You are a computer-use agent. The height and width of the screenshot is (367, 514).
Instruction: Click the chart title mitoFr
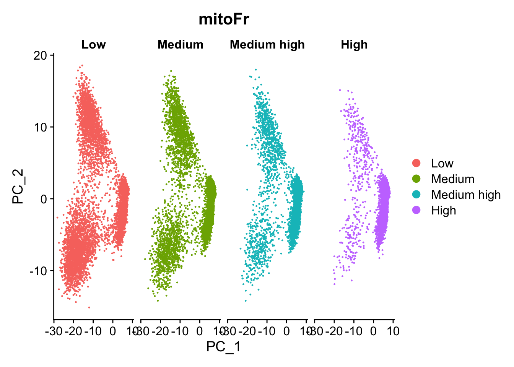pos(224,19)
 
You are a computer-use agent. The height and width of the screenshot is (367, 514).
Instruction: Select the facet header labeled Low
pos(93,45)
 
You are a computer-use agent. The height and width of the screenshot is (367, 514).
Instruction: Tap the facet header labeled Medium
pos(180,45)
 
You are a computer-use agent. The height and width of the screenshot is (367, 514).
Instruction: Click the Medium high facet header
pos(267,45)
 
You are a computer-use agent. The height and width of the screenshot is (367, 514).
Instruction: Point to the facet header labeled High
pos(354,45)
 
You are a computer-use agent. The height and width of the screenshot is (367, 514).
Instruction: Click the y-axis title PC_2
pos(18,187)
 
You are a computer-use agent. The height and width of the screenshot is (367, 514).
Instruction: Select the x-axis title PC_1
pos(223,347)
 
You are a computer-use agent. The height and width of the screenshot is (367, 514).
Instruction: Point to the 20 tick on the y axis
pos(40,56)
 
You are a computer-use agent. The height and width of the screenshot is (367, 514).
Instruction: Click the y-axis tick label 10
pos(40,127)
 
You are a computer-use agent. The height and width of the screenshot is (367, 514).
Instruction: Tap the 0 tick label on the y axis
pos(44,199)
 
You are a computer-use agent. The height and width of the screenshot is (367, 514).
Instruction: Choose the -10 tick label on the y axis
pos(38,271)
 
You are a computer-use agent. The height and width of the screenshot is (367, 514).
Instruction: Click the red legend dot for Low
pos(416,163)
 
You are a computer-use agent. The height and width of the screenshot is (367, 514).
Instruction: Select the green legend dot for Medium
pos(416,179)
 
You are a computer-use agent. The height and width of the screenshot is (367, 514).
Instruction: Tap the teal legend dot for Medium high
pos(416,195)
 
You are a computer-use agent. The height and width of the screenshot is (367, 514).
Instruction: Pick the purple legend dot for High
pos(416,210)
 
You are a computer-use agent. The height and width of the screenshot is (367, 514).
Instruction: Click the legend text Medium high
pos(466,195)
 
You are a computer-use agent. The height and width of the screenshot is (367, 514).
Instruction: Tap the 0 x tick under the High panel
pos(374,331)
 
